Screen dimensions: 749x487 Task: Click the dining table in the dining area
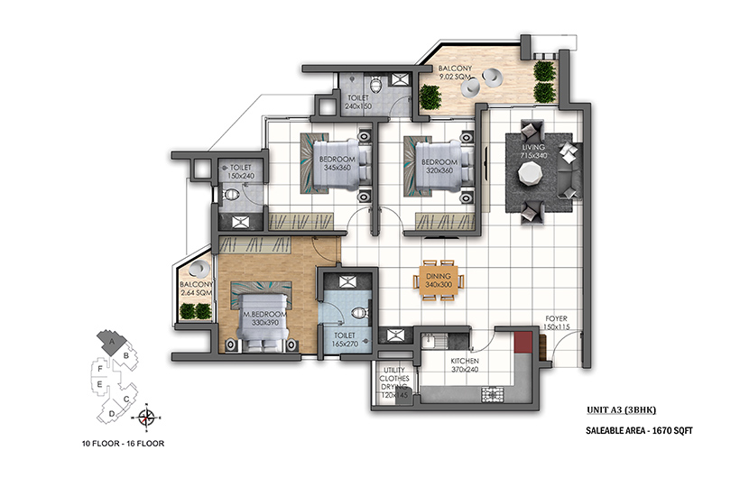click(x=439, y=280)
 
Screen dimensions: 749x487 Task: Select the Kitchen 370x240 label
click(x=465, y=365)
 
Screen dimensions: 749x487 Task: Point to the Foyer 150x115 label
click(x=556, y=323)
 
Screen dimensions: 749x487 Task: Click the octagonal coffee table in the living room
click(x=530, y=173)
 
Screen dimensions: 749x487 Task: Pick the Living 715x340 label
click(x=533, y=152)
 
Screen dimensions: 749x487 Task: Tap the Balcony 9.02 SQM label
click(x=455, y=72)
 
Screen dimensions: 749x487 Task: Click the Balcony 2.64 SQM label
click(x=196, y=289)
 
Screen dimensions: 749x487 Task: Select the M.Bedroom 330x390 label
click(x=265, y=318)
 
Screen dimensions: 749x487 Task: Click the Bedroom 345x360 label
click(x=338, y=163)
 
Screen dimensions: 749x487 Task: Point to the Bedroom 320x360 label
click(x=439, y=166)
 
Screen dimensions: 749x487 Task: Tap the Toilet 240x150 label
click(x=358, y=102)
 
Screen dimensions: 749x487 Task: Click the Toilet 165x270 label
click(x=345, y=339)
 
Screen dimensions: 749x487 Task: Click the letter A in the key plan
click(x=112, y=342)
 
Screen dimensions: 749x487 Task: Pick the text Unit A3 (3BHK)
click(x=622, y=409)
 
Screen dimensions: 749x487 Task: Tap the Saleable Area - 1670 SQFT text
click(x=639, y=431)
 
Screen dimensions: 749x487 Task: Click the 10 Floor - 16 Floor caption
click(x=124, y=444)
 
